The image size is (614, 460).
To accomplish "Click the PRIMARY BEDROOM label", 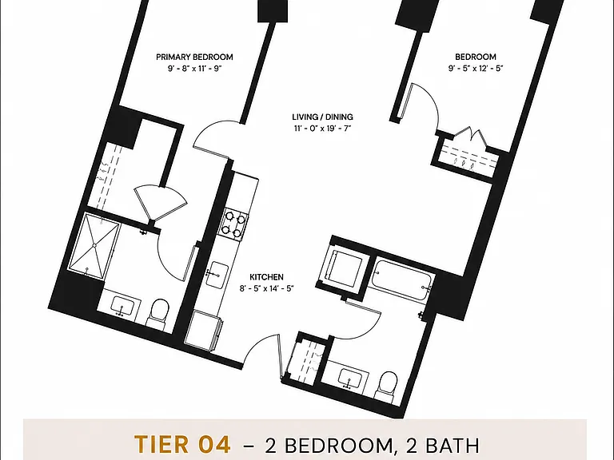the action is point(194,57).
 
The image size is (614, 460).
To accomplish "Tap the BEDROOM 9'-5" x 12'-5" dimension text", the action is point(476,69).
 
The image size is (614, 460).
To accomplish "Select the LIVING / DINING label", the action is point(323,117).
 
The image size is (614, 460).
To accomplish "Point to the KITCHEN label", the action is point(267,277).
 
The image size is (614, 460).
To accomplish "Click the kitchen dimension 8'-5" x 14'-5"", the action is point(267,288).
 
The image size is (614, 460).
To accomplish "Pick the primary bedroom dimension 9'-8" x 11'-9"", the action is point(194,69).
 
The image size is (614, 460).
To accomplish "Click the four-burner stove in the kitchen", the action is point(234,224).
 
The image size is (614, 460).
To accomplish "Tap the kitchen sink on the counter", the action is point(217,276).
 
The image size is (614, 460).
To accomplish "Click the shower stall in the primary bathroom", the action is point(94,246).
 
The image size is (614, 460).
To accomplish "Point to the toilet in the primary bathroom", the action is point(158,313).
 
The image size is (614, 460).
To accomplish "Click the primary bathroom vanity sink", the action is point(122,306).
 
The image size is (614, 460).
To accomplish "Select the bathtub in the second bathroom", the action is point(402,280).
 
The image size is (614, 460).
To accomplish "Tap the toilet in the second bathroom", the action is point(387,385).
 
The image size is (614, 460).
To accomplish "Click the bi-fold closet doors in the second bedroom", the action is point(469,136).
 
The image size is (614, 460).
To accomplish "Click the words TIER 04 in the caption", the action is point(182,444).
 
